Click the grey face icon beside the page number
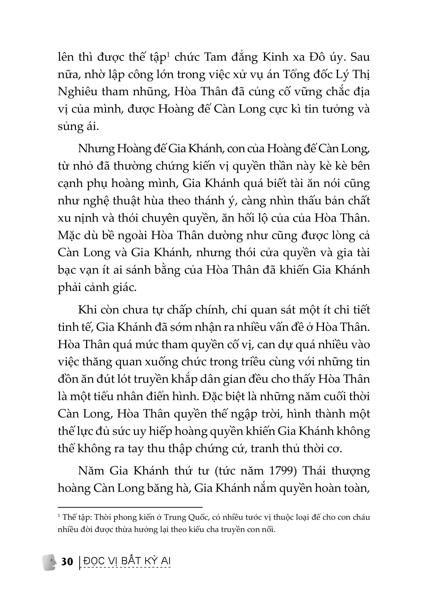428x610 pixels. [x=49, y=562]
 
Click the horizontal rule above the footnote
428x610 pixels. [x=130, y=507]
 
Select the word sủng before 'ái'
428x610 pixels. [x=69, y=127]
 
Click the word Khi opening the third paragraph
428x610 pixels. [x=87, y=310]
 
